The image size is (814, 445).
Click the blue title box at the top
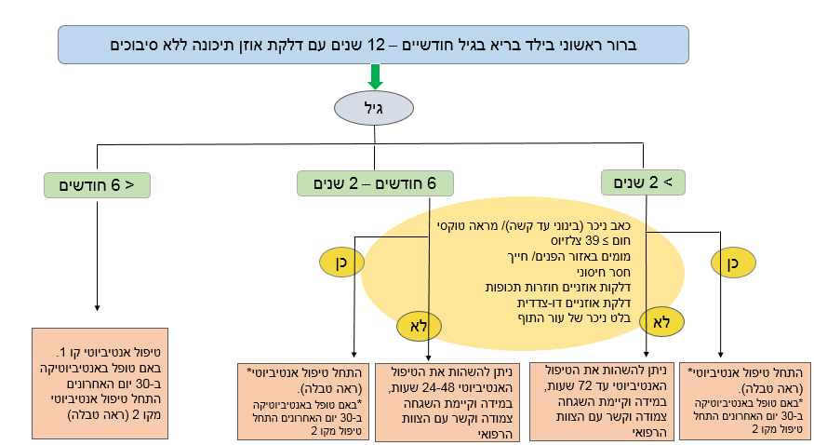(373, 44)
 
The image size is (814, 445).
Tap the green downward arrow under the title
(376, 75)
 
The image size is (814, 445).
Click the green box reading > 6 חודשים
(97, 183)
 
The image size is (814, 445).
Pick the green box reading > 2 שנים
(643, 182)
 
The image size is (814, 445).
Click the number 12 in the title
(377, 44)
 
